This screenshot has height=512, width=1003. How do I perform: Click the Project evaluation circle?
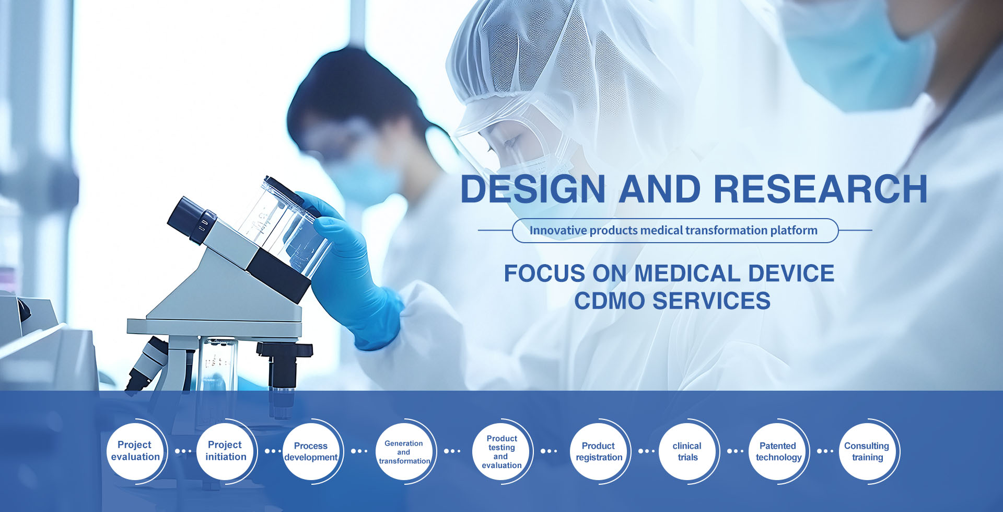point(135,451)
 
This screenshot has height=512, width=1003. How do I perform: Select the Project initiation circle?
point(225,451)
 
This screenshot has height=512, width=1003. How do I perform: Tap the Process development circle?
point(311,451)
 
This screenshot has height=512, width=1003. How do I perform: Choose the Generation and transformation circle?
point(404,451)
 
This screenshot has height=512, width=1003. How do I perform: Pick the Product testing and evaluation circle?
point(501,451)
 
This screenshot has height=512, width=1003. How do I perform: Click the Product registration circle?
point(599,451)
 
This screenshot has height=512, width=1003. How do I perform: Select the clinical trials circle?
point(687,451)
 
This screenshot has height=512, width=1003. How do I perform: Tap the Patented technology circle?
point(778,451)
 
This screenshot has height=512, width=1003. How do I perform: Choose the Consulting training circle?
point(867,451)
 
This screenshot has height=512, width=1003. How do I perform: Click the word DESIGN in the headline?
point(533,189)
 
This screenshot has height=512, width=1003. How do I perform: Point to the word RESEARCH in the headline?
point(821,189)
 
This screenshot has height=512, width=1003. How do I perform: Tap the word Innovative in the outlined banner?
point(558,230)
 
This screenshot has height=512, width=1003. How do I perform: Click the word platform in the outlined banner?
point(792,231)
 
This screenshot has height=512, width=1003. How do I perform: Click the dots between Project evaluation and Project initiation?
point(183,451)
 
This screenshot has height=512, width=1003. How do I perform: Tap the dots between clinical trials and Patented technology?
point(735,451)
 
